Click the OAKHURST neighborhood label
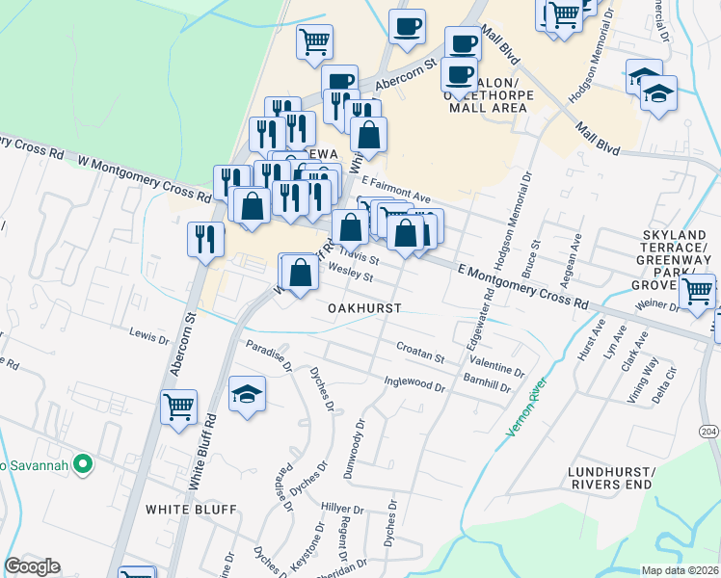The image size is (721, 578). coord(363,307)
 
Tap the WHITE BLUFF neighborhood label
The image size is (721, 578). coord(190,509)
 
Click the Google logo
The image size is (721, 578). coord(32,566)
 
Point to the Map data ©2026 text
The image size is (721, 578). coord(681,570)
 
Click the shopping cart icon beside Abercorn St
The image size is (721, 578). coord(179,408)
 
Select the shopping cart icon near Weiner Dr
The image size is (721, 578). coord(697,291)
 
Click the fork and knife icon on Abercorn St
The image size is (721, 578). coord(205,240)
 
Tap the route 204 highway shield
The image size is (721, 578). coord(708,432)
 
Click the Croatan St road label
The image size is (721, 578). coord(419,352)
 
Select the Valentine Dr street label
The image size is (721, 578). coord(498,370)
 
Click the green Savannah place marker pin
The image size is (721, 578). coord(83,464)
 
